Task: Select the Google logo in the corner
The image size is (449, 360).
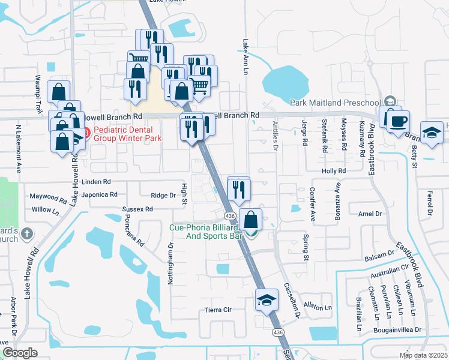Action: coord(20,353)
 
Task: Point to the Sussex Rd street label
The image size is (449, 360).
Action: coord(137,209)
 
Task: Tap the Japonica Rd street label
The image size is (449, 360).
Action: coord(100,194)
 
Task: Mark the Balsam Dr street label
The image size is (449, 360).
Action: coord(378,257)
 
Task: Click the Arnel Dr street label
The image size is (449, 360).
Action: coord(370,214)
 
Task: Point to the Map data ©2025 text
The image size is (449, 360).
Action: coord(423,355)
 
